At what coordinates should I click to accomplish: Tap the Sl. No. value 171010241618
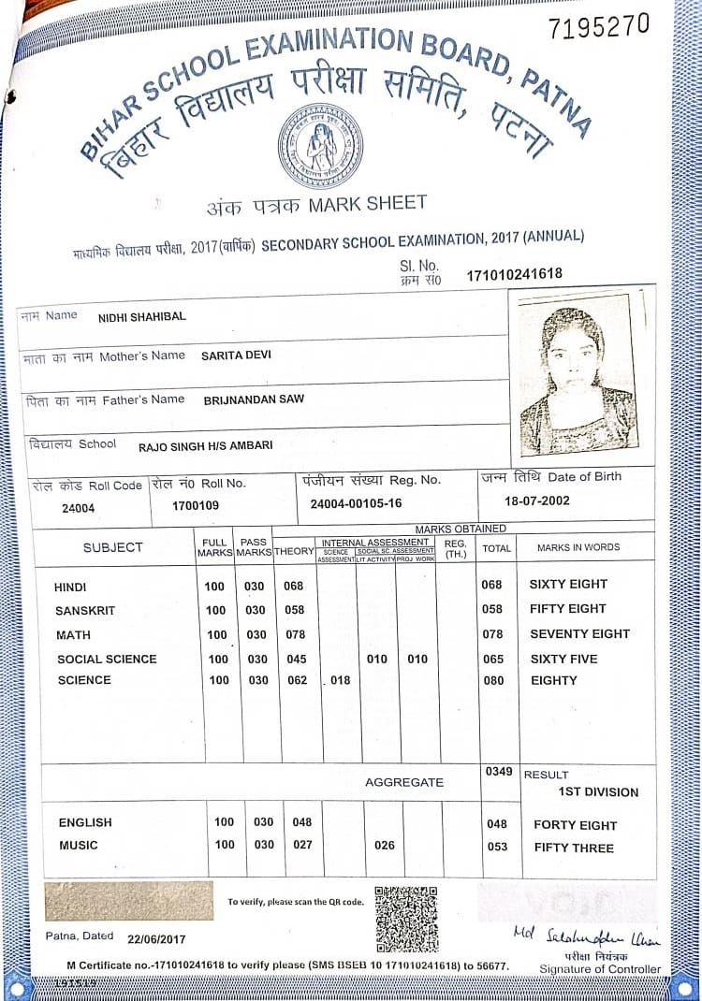(x=515, y=275)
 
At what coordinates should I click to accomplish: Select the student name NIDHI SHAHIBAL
(x=141, y=317)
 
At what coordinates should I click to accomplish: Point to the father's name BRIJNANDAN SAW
(x=253, y=399)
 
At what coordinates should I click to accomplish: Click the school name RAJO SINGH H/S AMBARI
(x=205, y=446)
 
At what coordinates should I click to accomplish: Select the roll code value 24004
(x=78, y=508)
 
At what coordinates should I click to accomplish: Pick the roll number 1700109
(x=196, y=506)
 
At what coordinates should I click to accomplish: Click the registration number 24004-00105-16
(x=356, y=503)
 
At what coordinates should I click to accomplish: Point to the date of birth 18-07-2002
(x=536, y=500)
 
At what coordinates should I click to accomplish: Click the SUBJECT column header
(x=112, y=547)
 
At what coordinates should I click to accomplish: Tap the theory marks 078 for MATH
(x=294, y=634)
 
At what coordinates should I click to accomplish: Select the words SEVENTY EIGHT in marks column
(x=579, y=634)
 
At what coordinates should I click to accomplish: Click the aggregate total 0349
(x=499, y=771)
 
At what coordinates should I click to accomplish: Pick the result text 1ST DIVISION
(x=598, y=792)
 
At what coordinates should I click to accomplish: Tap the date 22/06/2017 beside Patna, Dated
(x=158, y=937)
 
